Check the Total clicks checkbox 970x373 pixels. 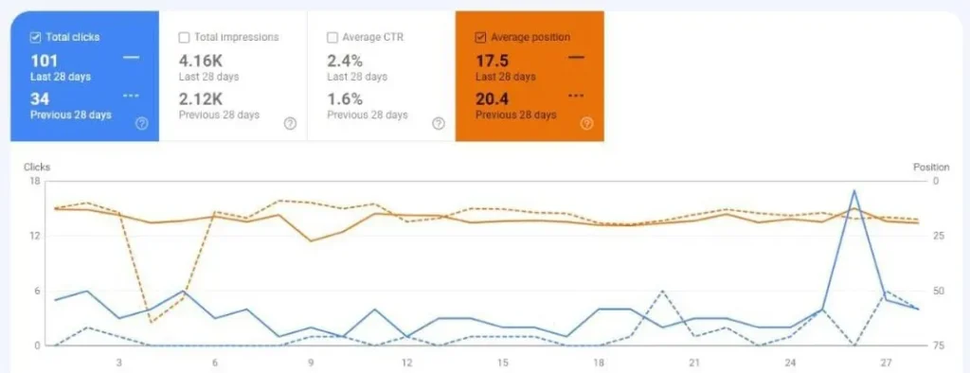pyautogui.click(x=36, y=38)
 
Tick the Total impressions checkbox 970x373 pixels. pyautogui.click(x=184, y=38)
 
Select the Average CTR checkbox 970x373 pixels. pyautogui.click(x=332, y=38)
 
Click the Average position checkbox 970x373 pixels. pyautogui.click(x=481, y=38)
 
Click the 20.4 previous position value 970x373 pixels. pyautogui.click(x=494, y=98)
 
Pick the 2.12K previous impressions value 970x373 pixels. pyautogui.click(x=201, y=98)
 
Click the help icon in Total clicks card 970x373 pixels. pyautogui.click(x=142, y=123)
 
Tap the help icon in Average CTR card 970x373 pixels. pyautogui.click(x=438, y=123)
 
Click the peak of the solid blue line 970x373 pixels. pyautogui.click(x=854, y=190)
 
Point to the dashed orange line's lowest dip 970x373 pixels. pyautogui.click(x=151, y=322)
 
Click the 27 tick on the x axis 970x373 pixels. pyautogui.click(x=886, y=363)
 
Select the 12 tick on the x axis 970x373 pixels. pyautogui.click(x=406, y=363)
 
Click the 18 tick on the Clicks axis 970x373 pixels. pyautogui.click(x=34, y=181)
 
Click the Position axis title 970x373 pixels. pyautogui.click(x=931, y=167)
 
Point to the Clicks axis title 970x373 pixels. pyautogui.click(x=37, y=167)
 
